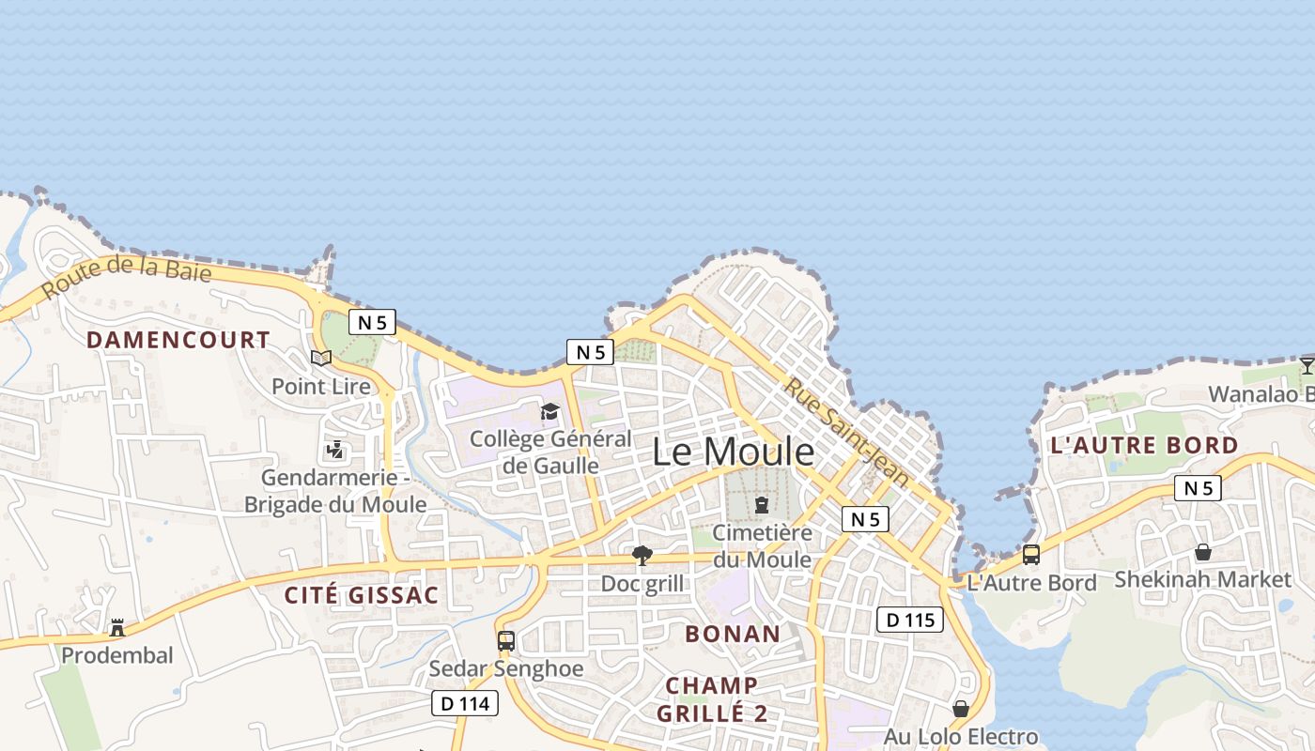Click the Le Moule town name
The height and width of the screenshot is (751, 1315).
pos(734,452)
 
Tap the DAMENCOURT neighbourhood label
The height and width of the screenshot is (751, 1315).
pos(178,340)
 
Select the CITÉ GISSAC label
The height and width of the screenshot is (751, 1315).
pos(362,595)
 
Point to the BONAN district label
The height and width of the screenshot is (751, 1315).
pos(733,634)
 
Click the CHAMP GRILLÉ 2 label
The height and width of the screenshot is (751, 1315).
pos(712,699)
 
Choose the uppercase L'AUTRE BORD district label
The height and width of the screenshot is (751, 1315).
pos(1144,445)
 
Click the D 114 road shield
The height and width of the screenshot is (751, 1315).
pos(465,703)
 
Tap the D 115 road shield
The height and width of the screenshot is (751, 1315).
pos(909,620)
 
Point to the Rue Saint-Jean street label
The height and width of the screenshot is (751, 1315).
pos(846,431)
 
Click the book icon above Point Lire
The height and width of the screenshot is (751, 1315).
pos(321,358)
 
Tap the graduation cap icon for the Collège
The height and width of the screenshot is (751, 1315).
pos(549,411)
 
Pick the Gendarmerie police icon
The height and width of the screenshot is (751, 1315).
pos(334,451)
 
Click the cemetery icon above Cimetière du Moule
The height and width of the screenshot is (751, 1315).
pos(762,505)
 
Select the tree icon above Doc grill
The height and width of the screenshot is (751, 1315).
pos(642,556)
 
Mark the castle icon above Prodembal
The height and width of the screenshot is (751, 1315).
pos(117,627)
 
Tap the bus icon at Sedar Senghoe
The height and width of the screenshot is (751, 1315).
pos(506,641)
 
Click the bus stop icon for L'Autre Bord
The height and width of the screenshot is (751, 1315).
pos(1031,555)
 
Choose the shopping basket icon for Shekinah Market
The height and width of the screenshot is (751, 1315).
pos(1202,552)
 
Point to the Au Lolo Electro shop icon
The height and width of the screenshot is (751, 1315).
pos(960,709)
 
